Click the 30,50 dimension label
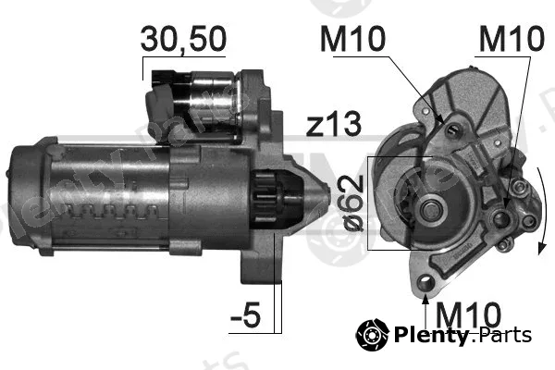tap(183, 40)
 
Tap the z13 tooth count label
tap(334, 124)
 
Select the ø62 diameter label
tap(354, 203)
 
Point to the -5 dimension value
tap(246, 314)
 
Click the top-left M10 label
tap(352, 39)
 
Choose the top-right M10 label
tap(512, 39)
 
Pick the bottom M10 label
tap(468, 314)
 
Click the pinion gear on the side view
tap(265, 198)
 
